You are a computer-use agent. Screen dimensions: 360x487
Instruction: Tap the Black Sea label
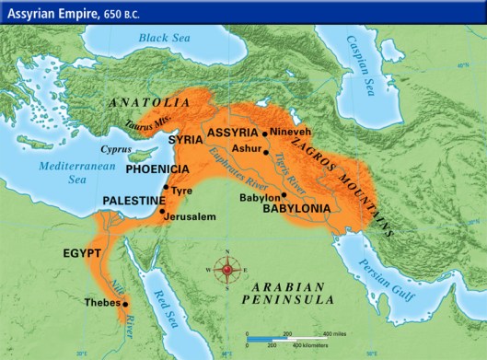(168, 38)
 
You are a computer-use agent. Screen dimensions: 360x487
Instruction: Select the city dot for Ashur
(265, 153)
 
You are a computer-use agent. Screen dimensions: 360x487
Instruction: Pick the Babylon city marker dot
(284, 195)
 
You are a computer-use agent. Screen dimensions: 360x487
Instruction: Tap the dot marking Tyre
(166, 189)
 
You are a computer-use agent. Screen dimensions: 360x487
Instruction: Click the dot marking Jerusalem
(162, 212)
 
